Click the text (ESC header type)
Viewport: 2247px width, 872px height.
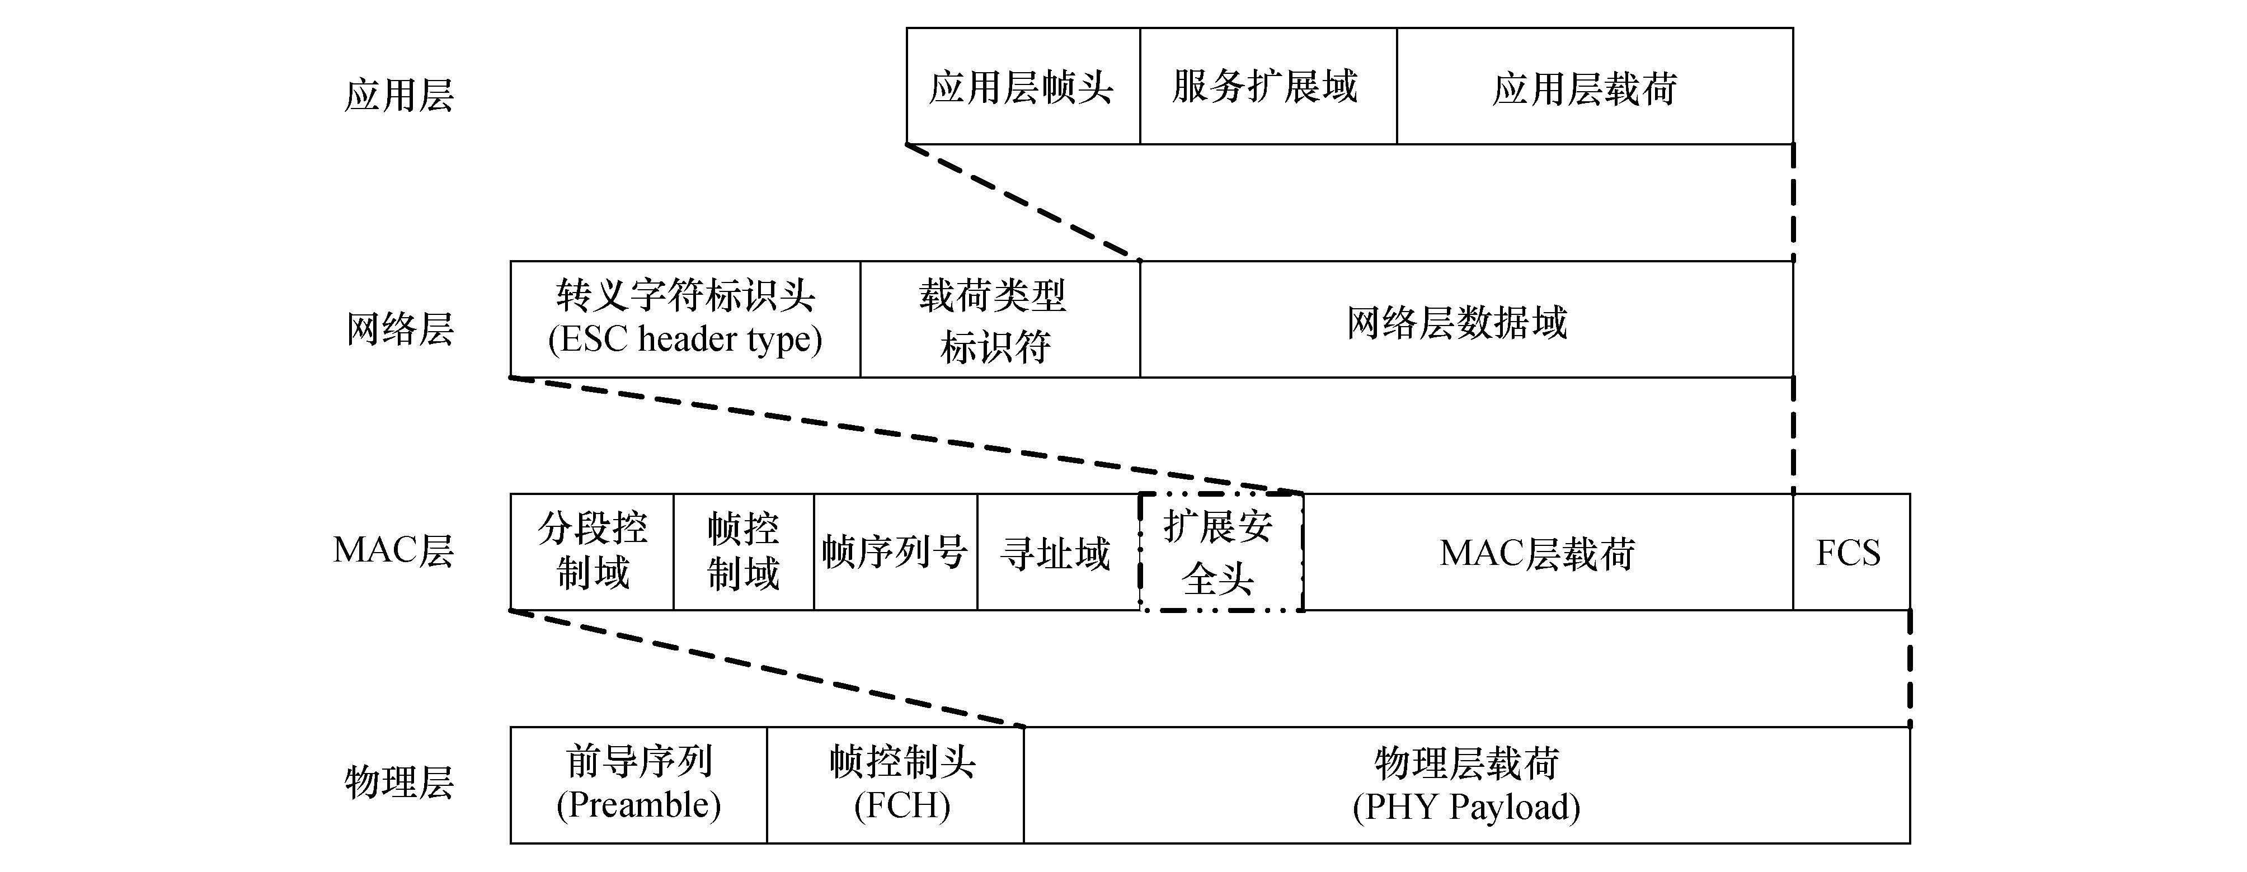(x=685, y=339)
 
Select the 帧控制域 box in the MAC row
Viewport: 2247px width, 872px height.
(x=743, y=552)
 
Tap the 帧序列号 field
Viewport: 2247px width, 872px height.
(x=895, y=552)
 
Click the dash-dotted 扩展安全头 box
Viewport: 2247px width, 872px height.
(x=1220, y=552)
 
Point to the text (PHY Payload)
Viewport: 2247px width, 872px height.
(x=1466, y=807)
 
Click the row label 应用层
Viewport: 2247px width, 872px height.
(x=398, y=94)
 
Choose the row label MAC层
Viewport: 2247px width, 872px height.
(x=393, y=551)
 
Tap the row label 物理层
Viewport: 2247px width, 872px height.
(x=398, y=781)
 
